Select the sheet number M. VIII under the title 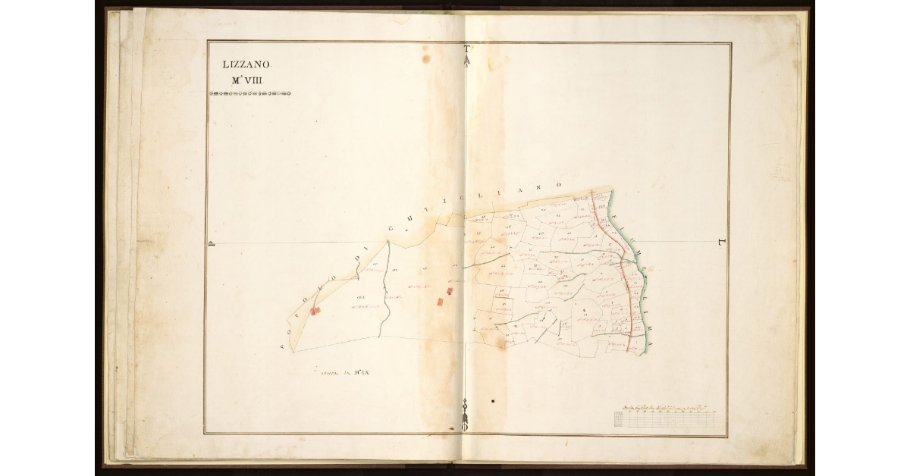246,80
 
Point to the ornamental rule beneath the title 249,94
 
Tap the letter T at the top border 467,50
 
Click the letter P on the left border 213,244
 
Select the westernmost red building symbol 316,311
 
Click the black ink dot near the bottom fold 493,400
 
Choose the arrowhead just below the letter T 467,60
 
